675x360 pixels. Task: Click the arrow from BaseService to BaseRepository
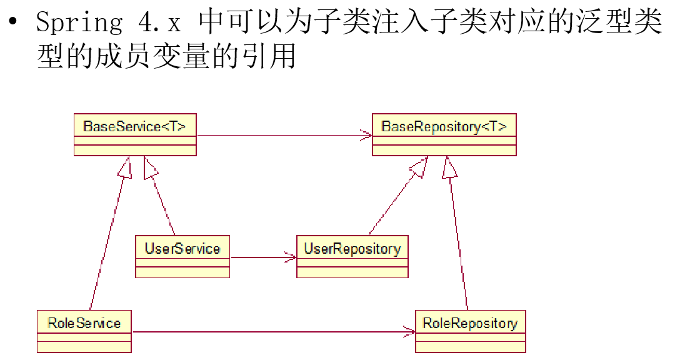point(281,134)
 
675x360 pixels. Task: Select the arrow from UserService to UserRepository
point(262,257)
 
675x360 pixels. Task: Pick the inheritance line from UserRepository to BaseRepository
point(394,200)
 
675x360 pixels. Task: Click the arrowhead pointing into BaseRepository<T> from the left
point(366,134)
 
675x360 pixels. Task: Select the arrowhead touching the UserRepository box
point(290,257)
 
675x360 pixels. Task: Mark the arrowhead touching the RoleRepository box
point(409,332)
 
